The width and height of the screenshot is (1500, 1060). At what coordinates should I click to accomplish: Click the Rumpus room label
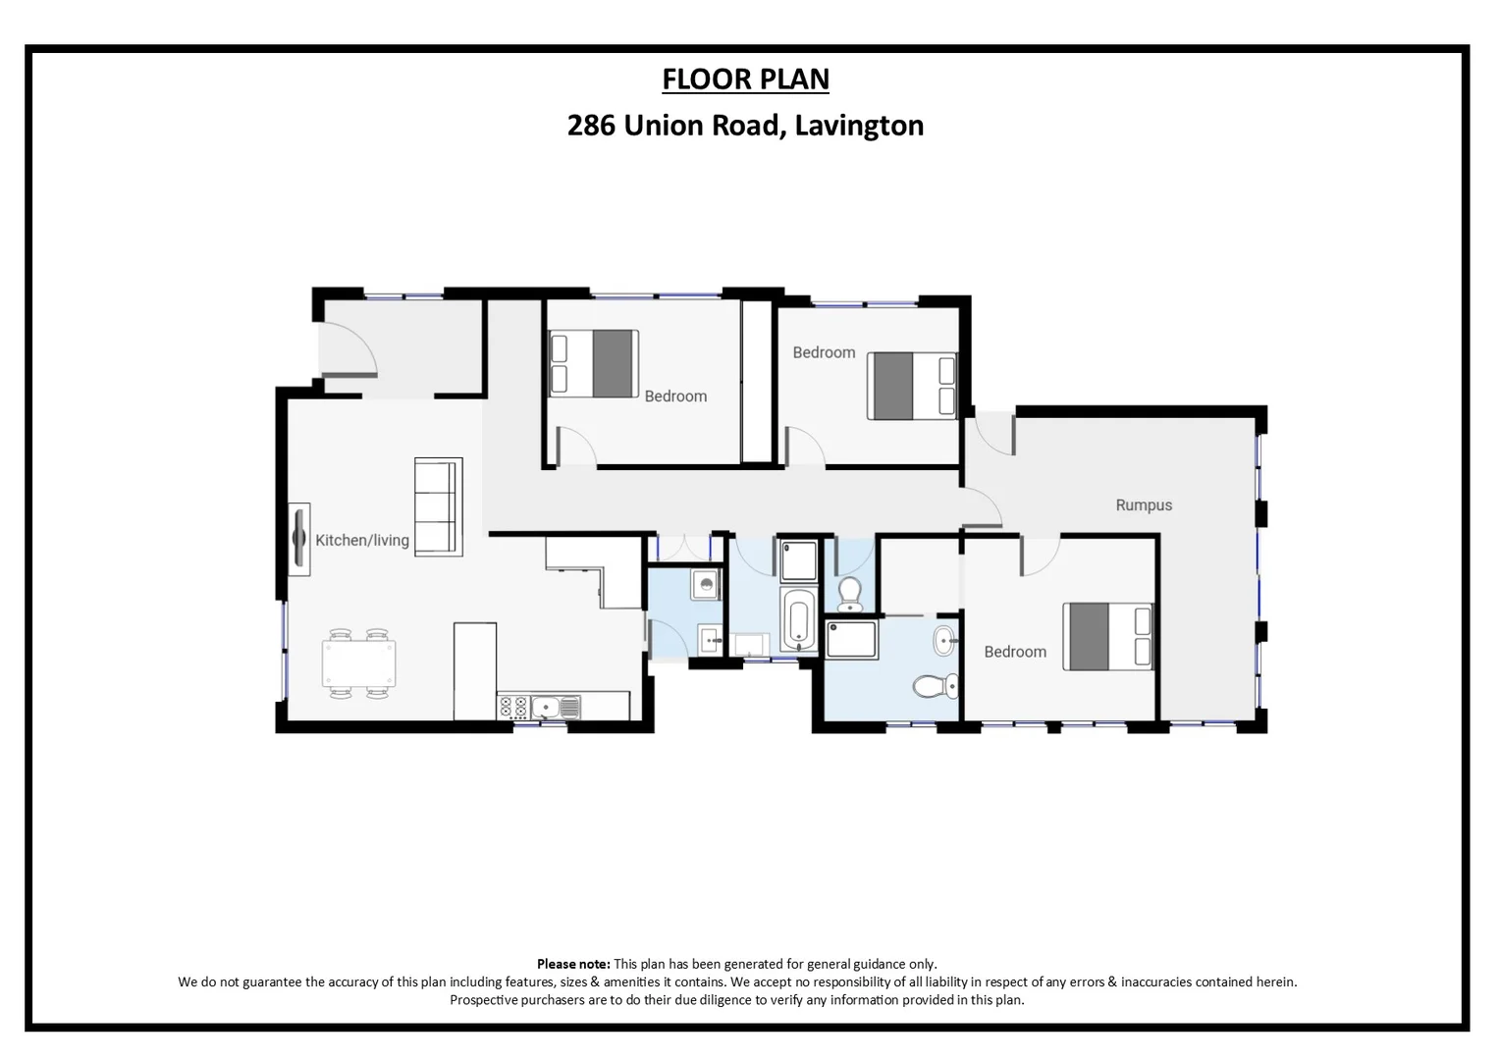(1144, 505)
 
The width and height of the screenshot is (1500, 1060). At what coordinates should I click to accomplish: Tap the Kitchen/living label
(361, 540)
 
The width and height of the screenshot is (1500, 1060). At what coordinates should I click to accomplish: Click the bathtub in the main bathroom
(798, 621)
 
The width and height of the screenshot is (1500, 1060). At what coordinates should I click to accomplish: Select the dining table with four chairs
(359, 663)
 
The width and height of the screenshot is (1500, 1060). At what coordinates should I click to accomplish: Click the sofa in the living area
(438, 506)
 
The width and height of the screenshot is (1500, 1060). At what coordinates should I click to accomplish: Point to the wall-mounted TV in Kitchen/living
(298, 538)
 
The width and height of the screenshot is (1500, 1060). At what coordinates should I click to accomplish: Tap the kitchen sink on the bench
(556, 706)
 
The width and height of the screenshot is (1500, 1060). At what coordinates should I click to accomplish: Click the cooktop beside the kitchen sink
(512, 707)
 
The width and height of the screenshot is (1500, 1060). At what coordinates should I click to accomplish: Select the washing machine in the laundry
(706, 586)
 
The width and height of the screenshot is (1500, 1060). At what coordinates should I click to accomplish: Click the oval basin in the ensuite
(944, 641)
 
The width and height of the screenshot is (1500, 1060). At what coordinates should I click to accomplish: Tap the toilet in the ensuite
(936, 684)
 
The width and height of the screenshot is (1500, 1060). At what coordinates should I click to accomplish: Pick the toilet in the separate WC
(850, 593)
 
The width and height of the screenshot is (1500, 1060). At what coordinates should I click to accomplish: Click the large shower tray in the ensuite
(852, 639)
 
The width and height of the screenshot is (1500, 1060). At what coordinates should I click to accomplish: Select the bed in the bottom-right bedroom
(1107, 636)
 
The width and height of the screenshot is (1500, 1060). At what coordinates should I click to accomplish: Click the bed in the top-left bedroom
(594, 363)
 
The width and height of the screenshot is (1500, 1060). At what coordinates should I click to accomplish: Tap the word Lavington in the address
(859, 126)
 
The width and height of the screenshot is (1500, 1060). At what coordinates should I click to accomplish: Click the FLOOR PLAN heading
(745, 79)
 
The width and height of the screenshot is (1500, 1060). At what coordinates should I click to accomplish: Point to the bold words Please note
(572, 964)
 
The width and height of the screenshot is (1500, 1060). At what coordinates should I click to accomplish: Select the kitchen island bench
(475, 670)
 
